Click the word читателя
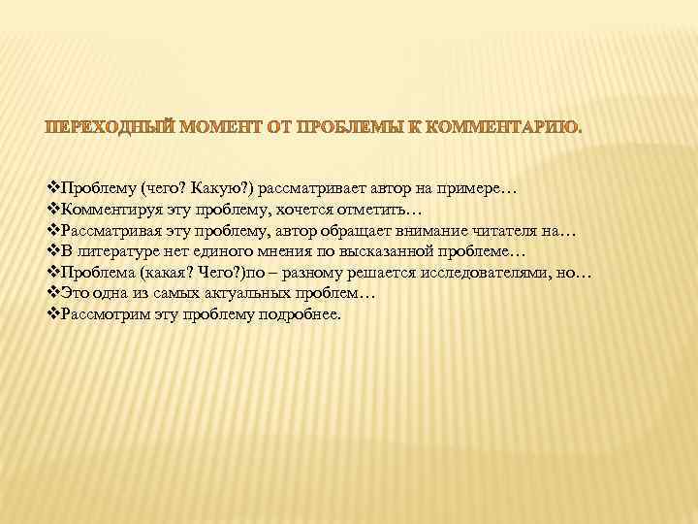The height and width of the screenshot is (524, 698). pyautogui.click(x=508, y=231)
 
